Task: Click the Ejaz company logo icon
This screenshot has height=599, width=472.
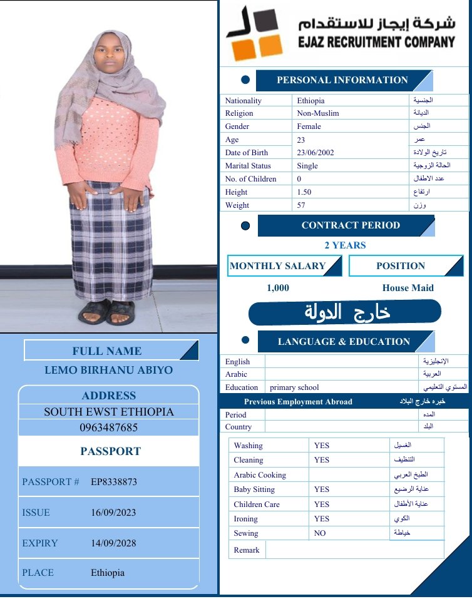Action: point(254,34)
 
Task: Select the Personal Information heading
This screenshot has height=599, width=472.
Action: point(342,80)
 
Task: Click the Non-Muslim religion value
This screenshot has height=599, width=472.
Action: point(318,113)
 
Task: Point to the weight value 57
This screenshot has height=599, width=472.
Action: point(301,205)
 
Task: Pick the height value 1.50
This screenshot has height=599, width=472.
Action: point(304,192)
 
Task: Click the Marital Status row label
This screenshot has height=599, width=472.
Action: point(248,166)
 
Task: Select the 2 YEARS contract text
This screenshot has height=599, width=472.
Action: point(345,245)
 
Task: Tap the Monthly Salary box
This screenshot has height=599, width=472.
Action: point(278,266)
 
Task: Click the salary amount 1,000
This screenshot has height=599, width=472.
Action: point(278,288)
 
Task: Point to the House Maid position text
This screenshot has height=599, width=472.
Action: point(408,288)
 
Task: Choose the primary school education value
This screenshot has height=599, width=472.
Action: point(294,387)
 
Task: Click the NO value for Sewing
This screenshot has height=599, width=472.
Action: point(319,533)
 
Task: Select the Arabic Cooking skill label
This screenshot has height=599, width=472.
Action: point(260,475)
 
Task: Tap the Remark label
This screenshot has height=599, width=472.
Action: point(247,550)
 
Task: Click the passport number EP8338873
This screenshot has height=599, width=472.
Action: point(114,482)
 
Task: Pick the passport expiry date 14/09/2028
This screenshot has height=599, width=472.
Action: point(113,543)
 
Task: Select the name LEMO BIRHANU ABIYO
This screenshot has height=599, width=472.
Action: point(109,370)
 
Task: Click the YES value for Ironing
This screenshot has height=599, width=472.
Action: point(322,519)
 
